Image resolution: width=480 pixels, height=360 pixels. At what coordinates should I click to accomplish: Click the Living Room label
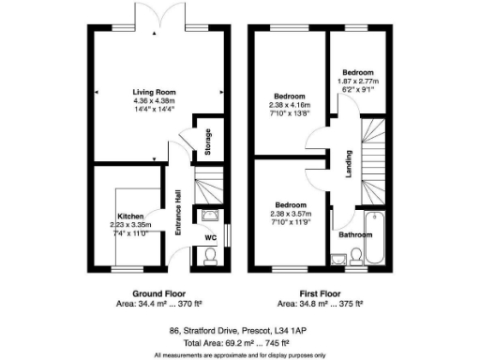click(x=155, y=92)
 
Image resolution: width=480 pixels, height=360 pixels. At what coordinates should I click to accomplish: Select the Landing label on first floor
click(x=348, y=161)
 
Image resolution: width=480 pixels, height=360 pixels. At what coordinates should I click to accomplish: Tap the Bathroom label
click(x=356, y=235)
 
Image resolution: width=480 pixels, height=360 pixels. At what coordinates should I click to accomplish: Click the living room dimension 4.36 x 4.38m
click(x=155, y=100)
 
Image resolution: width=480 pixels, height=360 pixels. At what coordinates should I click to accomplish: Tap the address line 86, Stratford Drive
click(x=239, y=330)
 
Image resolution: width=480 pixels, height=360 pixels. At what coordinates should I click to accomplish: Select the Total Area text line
click(x=239, y=343)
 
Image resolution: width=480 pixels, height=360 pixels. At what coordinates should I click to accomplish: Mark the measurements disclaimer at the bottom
click(x=239, y=355)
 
